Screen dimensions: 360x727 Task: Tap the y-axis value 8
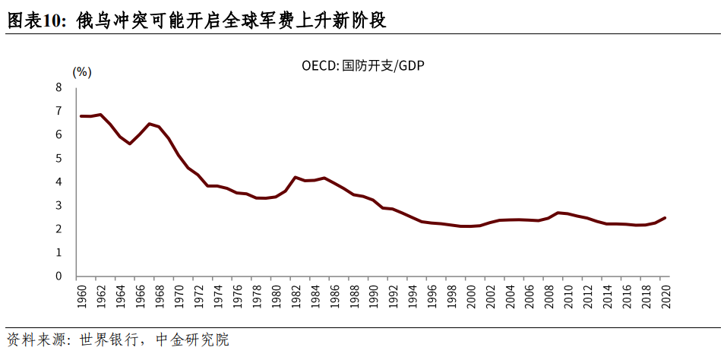58,87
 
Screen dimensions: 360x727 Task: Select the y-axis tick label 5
58,158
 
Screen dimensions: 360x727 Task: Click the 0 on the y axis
58,276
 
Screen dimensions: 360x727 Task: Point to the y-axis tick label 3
58,205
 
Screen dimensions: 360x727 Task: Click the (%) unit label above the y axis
81,72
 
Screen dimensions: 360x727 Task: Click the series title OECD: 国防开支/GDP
362,66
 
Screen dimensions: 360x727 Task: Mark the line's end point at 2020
665,218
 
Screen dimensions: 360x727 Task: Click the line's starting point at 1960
81,116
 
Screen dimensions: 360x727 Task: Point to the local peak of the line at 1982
295,177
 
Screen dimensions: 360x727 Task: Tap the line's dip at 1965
130,144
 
